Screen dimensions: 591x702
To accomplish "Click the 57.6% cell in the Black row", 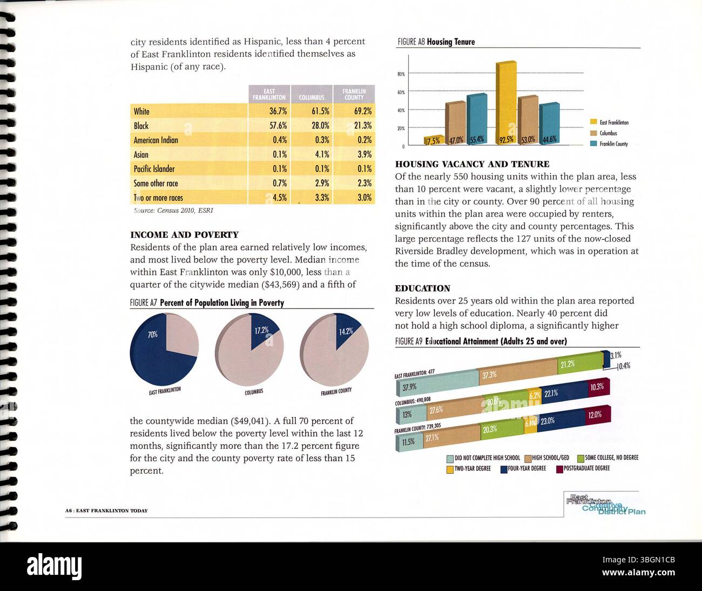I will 278,125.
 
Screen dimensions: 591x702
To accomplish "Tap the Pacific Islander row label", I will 154,169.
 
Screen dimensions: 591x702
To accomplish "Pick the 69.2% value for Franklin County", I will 363,111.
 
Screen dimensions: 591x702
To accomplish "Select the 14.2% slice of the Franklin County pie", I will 346,330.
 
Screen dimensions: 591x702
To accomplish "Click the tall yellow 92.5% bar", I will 505,103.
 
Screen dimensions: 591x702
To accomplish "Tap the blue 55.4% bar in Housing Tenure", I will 476,119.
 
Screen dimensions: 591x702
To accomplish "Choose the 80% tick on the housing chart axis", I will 401,74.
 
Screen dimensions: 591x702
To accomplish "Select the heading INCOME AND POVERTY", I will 184,235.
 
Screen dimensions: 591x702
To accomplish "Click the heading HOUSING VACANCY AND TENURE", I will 472,164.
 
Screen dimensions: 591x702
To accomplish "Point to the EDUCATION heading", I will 422,288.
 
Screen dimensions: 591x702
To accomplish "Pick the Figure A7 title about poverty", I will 207,303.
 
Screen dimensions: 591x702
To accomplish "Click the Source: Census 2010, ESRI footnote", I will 173,211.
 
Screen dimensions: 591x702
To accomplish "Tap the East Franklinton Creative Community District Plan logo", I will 605,505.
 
